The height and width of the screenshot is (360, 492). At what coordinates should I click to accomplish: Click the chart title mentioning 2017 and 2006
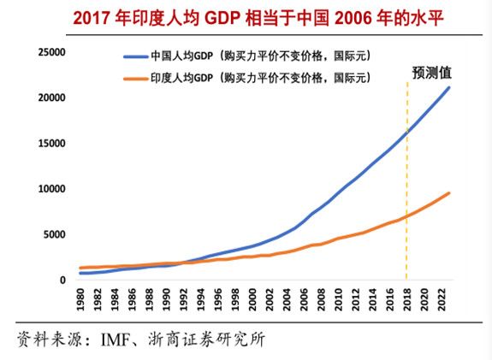[246, 16]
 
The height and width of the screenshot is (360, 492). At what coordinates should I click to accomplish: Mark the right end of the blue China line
[449, 87]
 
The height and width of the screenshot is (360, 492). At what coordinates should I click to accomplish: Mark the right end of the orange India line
[449, 193]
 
